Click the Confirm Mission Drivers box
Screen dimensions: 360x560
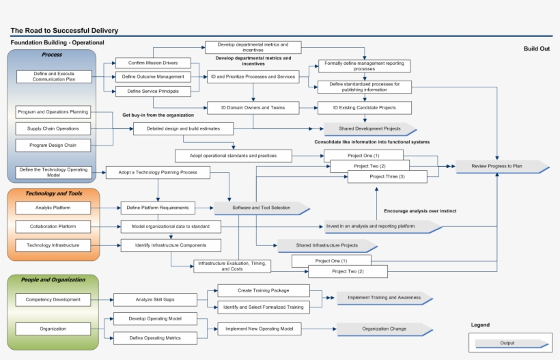153,63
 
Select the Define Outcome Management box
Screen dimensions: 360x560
153,77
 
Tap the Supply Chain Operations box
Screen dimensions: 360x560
53,128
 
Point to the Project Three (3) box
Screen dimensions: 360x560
387,177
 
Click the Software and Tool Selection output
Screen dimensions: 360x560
262,208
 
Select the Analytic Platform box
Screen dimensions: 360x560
53,207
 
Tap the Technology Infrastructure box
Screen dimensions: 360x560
53,245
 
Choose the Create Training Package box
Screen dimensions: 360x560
263,290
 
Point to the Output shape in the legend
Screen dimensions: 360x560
507,343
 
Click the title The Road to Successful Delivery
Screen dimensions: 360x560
64,30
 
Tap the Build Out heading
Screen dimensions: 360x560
536,49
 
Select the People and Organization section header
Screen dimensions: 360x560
53,279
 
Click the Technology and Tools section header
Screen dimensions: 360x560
53,194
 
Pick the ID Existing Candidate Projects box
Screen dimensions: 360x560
365,108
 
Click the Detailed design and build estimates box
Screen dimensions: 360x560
182,128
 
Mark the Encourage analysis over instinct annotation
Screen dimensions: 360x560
420,211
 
